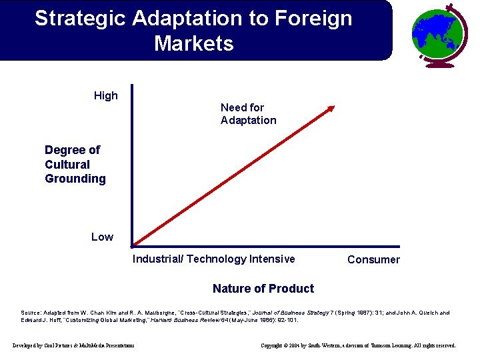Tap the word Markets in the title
(194, 44)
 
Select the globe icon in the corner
(439, 34)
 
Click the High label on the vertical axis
(106, 95)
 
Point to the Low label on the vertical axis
(102, 237)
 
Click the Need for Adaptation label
(248, 114)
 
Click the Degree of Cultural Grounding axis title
(75, 164)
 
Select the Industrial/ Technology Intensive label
(213, 259)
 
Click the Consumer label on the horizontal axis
(373, 259)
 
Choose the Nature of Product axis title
(263, 288)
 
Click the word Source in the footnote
(33, 312)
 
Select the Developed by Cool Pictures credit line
(73, 345)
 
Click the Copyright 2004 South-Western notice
(358, 345)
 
